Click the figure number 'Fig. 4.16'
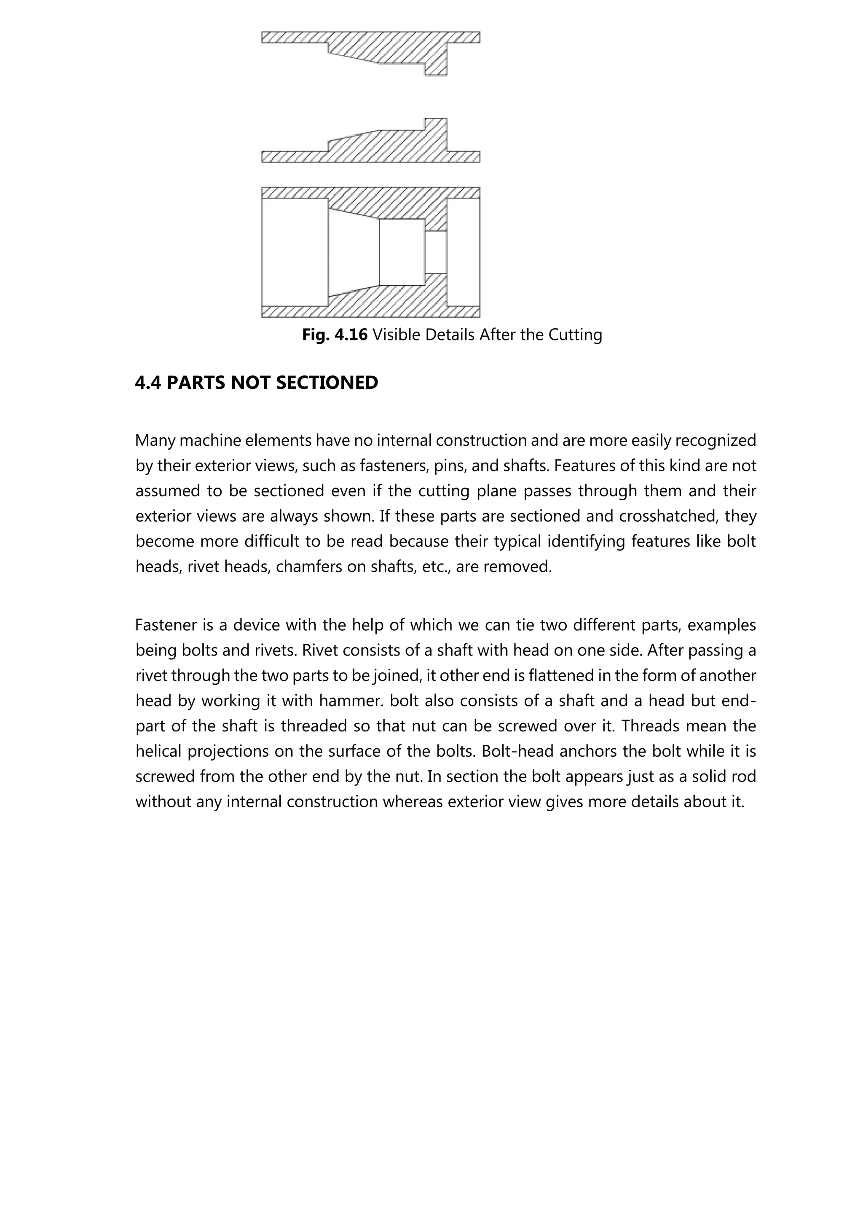point(335,335)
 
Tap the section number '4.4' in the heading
point(148,383)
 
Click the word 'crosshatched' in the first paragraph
point(671,517)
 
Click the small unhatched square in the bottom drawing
point(435,252)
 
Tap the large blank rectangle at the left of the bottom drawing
point(295,252)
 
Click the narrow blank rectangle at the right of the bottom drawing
point(463,252)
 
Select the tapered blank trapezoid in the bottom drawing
point(353,252)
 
